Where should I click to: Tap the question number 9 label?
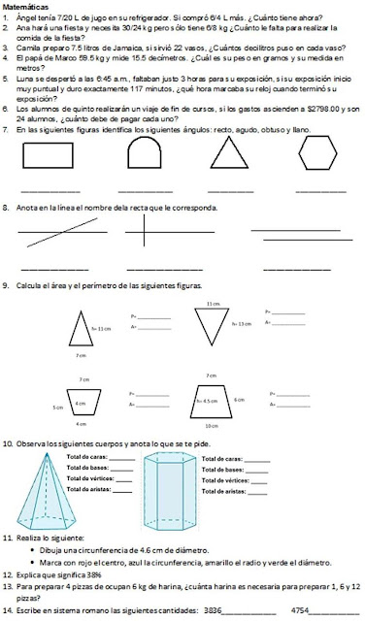[x=6, y=285]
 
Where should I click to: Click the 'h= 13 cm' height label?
[x=242, y=322]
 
